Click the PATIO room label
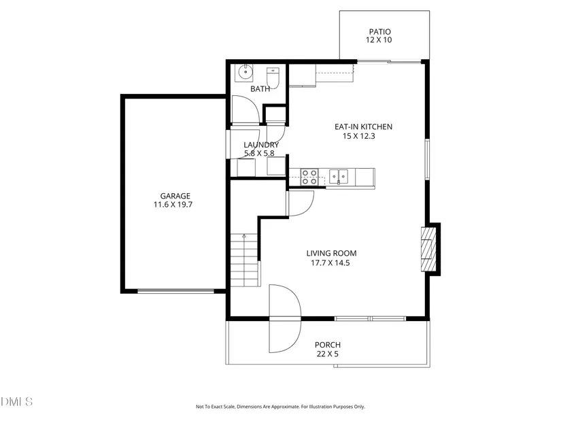pyautogui.click(x=379, y=31)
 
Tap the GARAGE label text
pyautogui.click(x=175, y=196)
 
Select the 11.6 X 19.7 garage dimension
pyautogui.click(x=173, y=205)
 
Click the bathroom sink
pyautogui.click(x=245, y=72)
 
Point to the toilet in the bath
pyautogui.click(x=273, y=78)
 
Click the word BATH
pyautogui.click(x=260, y=89)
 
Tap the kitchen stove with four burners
pyautogui.click(x=309, y=177)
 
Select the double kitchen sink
pyautogui.click(x=339, y=176)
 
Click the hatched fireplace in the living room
pyautogui.click(x=428, y=249)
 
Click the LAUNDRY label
pyautogui.click(x=261, y=145)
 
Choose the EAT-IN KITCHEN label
pyautogui.click(x=363, y=127)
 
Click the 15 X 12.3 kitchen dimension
pyautogui.click(x=359, y=136)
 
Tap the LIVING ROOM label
pyautogui.click(x=331, y=254)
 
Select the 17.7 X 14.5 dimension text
pyautogui.click(x=330, y=263)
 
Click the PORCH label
pyautogui.click(x=328, y=345)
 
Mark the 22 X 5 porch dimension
pyautogui.click(x=327, y=354)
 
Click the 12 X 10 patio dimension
pyautogui.click(x=379, y=40)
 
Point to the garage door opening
pyautogui.click(x=175, y=291)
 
